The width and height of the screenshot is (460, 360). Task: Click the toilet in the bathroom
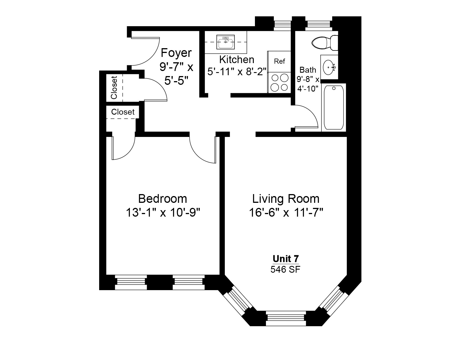pyautogui.click(x=324, y=43)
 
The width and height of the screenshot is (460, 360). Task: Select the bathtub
pyautogui.click(x=334, y=107)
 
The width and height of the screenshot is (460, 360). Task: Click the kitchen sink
pyautogui.click(x=225, y=43)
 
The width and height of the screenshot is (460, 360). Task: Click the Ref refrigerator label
pyautogui.click(x=279, y=61)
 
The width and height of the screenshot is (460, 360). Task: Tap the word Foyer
pyautogui.click(x=176, y=53)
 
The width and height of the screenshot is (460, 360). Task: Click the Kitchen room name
pyautogui.click(x=237, y=60)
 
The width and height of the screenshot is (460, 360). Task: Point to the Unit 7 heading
pyautogui.click(x=286, y=258)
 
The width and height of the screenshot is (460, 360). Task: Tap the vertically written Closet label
pyautogui.click(x=114, y=88)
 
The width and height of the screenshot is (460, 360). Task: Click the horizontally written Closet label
pyautogui.click(x=123, y=112)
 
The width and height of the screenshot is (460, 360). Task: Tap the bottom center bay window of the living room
pyautogui.click(x=286, y=318)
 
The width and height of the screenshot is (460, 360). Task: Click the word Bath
pyautogui.click(x=308, y=70)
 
